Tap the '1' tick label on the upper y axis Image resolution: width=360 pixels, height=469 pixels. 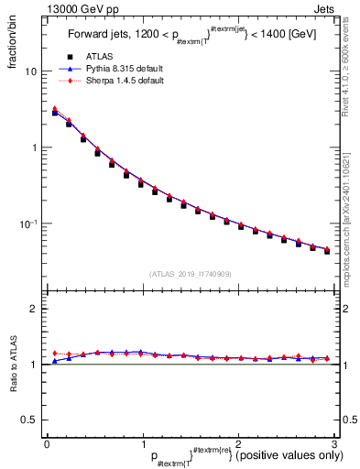[35, 147]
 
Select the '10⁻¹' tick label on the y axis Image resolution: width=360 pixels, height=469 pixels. [30, 224]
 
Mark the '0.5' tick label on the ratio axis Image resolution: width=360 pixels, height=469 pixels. [30, 420]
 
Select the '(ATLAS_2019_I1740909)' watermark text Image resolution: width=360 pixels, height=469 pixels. [189, 274]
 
